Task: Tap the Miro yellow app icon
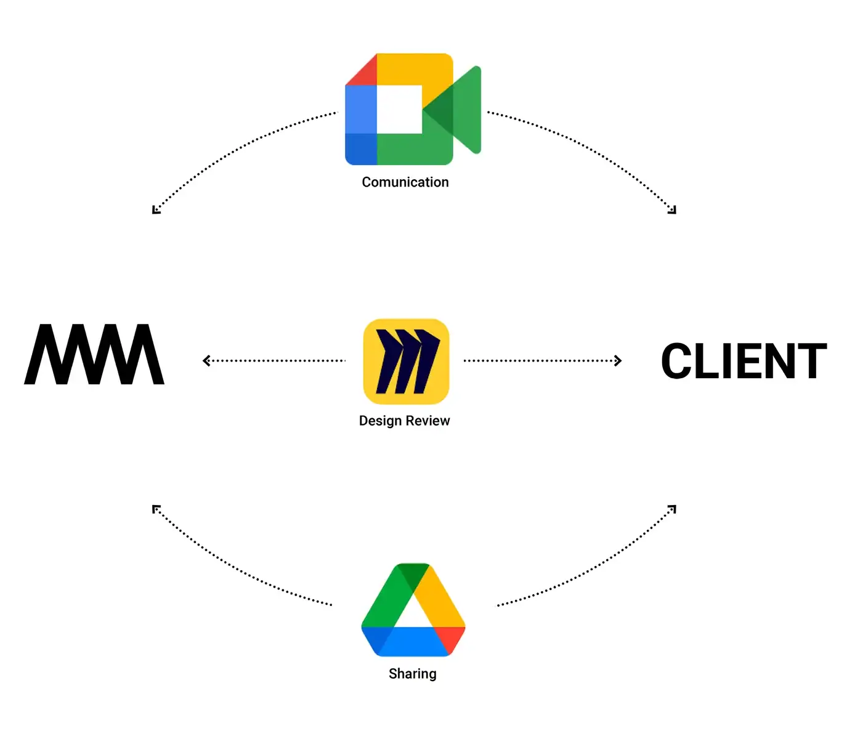(x=406, y=361)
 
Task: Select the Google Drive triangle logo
(x=413, y=610)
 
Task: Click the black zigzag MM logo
(x=94, y=355)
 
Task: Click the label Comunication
(x=405, y=182)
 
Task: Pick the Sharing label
(x=413, y=674)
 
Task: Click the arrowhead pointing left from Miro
(x=206, y=361)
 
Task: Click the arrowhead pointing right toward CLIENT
(x=618, y=361)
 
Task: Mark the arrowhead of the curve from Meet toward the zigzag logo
(x=156, y=210)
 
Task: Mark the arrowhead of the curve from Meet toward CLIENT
(x=673, y=210)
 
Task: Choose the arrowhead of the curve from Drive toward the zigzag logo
(x=156, y=509)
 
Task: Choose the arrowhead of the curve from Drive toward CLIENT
(x=673, y=509)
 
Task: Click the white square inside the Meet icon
(x=399, y=109)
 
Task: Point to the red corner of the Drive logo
(x=452, y=638)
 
